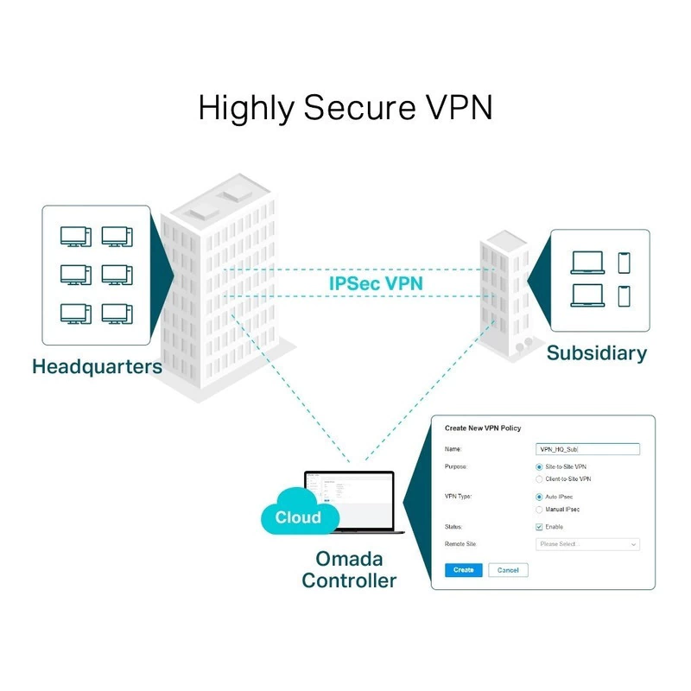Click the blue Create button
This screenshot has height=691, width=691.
[x=463, y=570]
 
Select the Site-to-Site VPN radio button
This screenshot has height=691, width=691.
[x=540, y=466]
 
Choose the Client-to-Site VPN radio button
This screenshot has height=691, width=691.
[x=540, y=479]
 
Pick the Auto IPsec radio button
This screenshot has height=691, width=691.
[x=540, y=498]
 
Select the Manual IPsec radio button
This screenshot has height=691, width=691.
[x=540, y=510]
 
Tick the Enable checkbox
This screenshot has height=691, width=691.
[x=540, y=527]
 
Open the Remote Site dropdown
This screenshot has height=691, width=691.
[x=587, y=544]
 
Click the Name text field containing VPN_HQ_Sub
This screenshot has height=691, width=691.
[x=587, y=449]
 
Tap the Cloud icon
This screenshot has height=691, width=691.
[x=297, y=517]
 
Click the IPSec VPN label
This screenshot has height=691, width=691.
[x=375, y=283]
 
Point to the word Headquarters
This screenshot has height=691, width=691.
[x=97, y=366]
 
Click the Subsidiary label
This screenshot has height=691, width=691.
[x=596, y=353]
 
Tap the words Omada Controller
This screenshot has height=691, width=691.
[x=349, y=569]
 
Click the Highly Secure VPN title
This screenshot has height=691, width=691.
[x=345, y=108]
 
